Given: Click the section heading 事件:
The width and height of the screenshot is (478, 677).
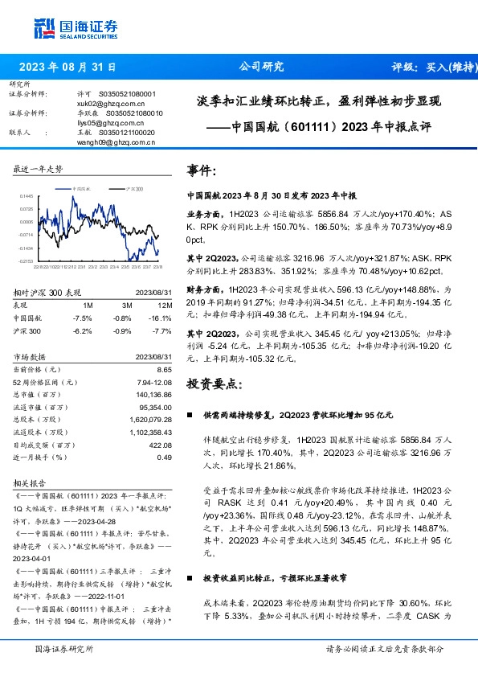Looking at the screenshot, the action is coord(201,171).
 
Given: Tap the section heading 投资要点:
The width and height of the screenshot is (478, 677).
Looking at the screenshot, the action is coord(213,383).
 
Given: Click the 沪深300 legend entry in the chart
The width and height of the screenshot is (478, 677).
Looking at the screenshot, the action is coord(134,187).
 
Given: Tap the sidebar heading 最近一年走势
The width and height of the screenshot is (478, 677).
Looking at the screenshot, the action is coord(38,169).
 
